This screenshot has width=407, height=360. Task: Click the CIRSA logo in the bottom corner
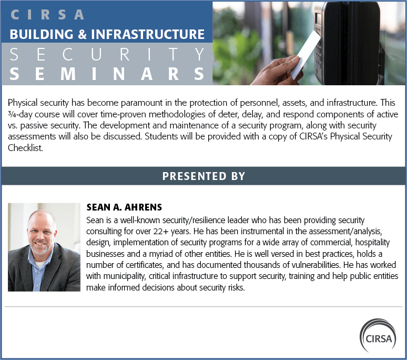click(378, 335)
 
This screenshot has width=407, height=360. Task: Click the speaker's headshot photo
click(44, 247)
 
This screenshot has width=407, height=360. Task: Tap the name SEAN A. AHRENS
click(124, 207)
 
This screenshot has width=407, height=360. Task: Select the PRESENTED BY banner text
click(203, 176)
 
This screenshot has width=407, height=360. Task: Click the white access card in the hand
click(306, 55)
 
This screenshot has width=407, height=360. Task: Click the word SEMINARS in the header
click(107, 74)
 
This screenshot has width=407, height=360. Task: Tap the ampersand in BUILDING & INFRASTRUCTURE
click(82, 34)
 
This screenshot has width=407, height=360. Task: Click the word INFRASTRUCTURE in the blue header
click(148, 34)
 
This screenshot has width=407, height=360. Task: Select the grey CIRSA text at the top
click(47, 15)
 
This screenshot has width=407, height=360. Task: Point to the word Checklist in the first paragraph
click(25, 148)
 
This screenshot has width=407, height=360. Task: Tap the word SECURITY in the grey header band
click(107, 54)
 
